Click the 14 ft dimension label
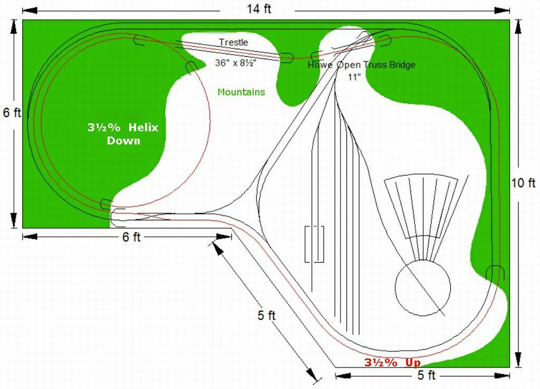pyautogui.click(x=259, y=9)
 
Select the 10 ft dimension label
pyautogui.click(x=523, y=183)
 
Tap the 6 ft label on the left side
pyautogui.click(x=12, y=112)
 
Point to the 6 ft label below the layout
pyautogui.click(x=131, y=237)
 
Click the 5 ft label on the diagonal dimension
pyautogui.click(x=266, y=315)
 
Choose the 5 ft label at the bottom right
pyautogui.click(x=426, y=375)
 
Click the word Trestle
pyautogui.click(x=233, y=42)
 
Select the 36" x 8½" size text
pyautogui.click(x=235, y=63)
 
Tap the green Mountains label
pyautogui.click(x=241, y=92)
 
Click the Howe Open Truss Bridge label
pyautogui.click(x=361, y=65)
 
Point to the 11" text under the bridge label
pyautogui.click(x=354, y=77)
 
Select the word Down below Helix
pyautogui.click(x=123, y=141)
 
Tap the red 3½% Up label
pyautogui.click(x=392, y=363)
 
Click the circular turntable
pyautogui.click(x=423, y=288)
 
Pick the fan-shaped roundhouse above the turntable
pyautogui.click(x=422, y=206)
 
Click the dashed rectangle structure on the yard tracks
pyautogui.click(x=314, y=244)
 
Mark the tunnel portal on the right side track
pyautogui.click(x=495, y=271)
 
